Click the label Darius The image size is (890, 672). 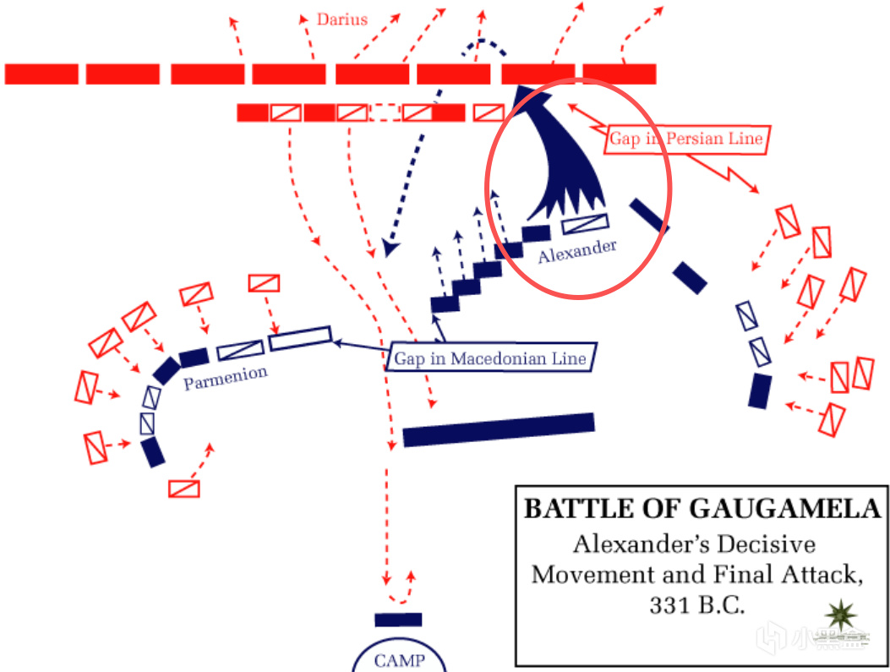point(342,19)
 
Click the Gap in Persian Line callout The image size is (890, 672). point(687,139)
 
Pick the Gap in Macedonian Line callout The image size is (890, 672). point(491,358)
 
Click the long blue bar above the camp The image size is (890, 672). point(499,429)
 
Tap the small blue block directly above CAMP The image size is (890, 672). point(398,620)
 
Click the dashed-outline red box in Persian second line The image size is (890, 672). point(385,112)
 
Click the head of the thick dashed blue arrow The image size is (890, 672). point(389,247)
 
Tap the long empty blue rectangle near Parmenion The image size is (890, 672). point(299,338)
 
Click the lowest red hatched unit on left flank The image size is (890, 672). point(184,489)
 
